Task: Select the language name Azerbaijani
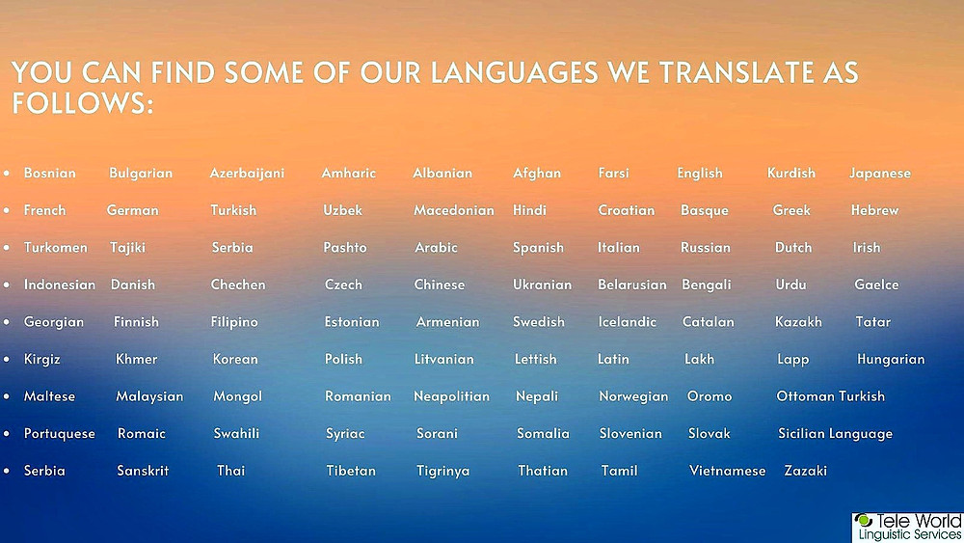pyautogui.click(x=247, y=174)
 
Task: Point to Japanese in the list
pyautogui.click(x=880, y=174)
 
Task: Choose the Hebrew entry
pyautogui.click(x=875, y=210)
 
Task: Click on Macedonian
pyautogui.click(x=454, y=210)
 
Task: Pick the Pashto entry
pyautogui.click(x=345, y=247)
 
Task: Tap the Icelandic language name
pyautogui.click(x=628, y=321)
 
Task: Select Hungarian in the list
pyautogui.click(x=891, y=360)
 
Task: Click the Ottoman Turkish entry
pyautogui.click(x=831, y=396)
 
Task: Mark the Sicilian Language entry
pyautogui.click(x=835, y=434)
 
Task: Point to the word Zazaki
pyautogui.click(x=805, y=471)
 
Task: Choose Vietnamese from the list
pyautogui.click(x=727, y=471)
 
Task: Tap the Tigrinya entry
pyautogui.click(x=442, y=472)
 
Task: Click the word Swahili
pyautogui.click(x=236, y=433)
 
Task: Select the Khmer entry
pyautogui.click(x=137, y=359)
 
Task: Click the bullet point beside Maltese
pyautogui.click(x=7, y=396)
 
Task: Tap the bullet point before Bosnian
pyautogui.click(x=7, y=174)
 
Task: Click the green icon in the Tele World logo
pyautogui.click(x=864, y=521)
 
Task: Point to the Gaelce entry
pyautogui.click(x=876, y=285)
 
